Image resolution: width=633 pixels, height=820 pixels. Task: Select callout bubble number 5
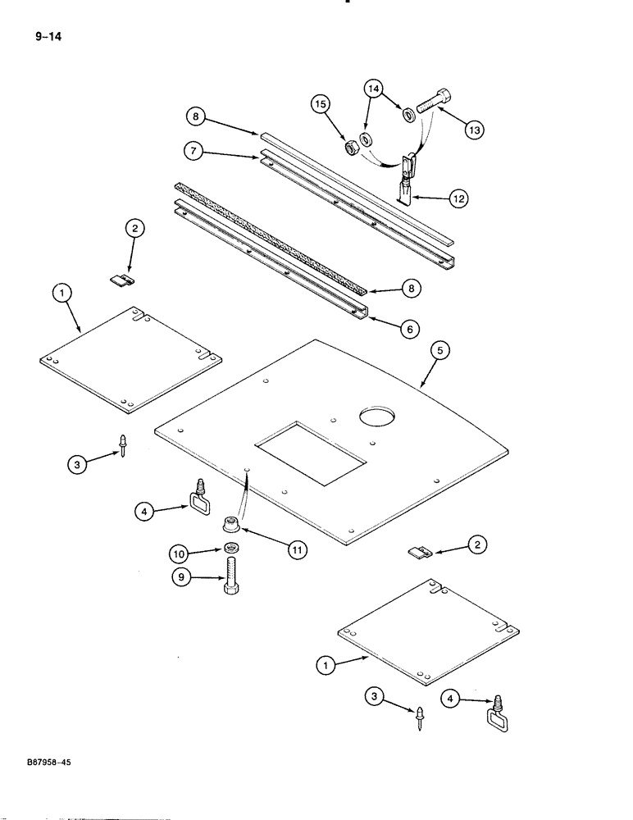pos(439,350)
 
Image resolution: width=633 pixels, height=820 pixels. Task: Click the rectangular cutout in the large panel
pos(309,453)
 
